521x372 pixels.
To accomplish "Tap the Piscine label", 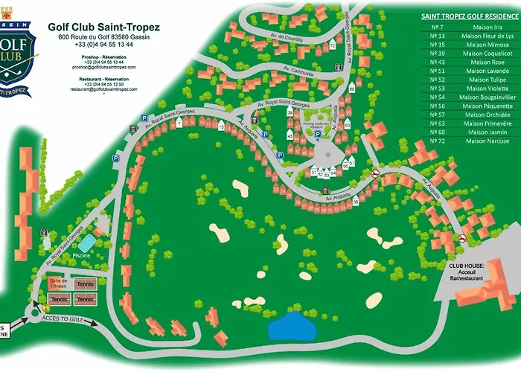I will point(81,255).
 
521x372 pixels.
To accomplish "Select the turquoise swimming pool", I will point(86,243).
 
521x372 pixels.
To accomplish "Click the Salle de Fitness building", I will point(58,283).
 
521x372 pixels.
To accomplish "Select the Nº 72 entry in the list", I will point(437,141).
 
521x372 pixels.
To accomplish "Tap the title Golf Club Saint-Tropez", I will point(103,27).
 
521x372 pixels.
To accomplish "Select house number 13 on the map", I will point(221,127).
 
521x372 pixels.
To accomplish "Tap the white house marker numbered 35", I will point(356,201).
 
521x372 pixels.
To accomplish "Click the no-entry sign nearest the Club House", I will point(463,239).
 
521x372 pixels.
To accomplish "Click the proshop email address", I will point(103,67).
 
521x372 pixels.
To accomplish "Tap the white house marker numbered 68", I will point(351,89).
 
